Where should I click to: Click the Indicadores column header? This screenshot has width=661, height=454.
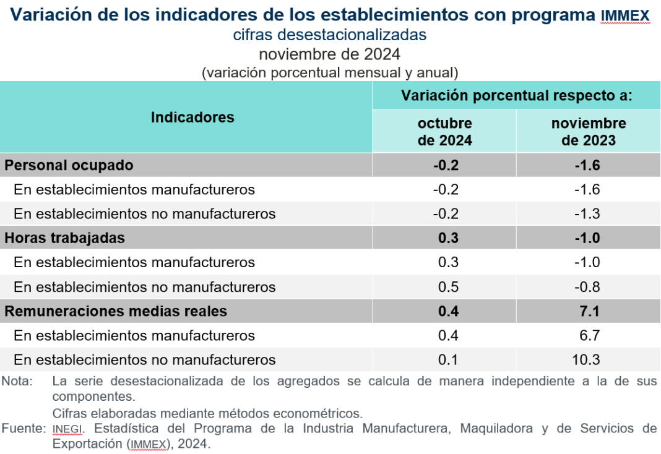(192, 117)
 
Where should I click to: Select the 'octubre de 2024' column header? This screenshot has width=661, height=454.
(444, 132)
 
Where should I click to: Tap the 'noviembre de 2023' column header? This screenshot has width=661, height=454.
(588, 132)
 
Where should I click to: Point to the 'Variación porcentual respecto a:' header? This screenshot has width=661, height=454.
(517, 96)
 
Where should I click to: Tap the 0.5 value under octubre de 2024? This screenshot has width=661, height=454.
(447, 287)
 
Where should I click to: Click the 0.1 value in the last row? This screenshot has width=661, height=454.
(447, 359)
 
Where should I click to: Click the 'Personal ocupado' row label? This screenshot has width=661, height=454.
(69, 165)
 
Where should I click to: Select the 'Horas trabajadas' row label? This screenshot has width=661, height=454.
(64, 238)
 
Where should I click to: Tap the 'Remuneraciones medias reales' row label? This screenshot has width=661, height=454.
(116, 311)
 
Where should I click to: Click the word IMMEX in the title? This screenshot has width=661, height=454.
(625, 16)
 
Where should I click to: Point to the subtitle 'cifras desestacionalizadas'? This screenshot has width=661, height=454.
(330, 35)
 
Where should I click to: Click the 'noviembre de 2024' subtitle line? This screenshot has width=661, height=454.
(330, 54)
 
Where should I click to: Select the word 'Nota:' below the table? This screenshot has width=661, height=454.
(16, 381)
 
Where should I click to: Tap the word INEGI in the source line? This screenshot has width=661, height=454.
(67, 428)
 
